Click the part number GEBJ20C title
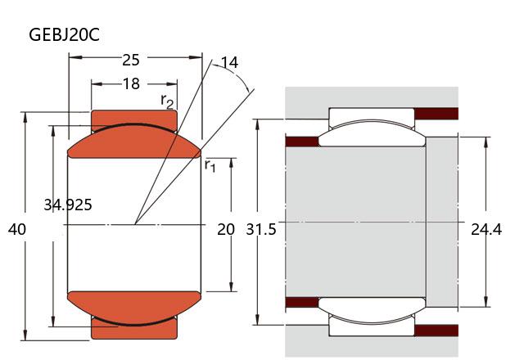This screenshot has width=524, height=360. click(x=65, y=35)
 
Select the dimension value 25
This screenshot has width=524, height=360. click(x=131, y=60)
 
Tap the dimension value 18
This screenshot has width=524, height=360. click(x=131, y=83)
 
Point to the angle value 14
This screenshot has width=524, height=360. click(x=229, y=63)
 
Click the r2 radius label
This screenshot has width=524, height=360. click(x=167, y=101)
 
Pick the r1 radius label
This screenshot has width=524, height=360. click(x=210, y=166)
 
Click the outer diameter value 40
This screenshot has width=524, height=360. click(x=16, y=230)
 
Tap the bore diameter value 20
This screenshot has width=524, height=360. click(x=226, y=230)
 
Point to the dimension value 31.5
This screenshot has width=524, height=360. click(x=261, y=230)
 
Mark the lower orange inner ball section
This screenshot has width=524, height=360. click(x=134, y=305)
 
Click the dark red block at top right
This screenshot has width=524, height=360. click(x=436, y=113)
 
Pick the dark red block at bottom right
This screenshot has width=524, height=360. click(x=436, y=330)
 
